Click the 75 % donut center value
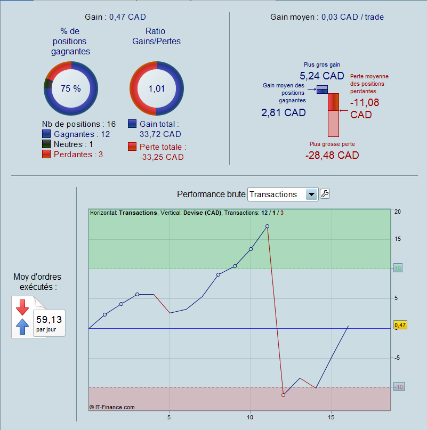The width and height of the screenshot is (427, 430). click(70, 88)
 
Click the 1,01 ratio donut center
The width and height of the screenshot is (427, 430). click(157, 88)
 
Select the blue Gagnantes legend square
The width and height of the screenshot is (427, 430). click(46, 134)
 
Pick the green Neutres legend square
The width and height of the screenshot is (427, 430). click(46, 144)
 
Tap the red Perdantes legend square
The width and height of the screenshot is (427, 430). click(46, 155)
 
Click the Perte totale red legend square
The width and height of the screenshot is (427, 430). click(132, 147)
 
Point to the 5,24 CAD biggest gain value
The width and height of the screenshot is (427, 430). click(321, 76)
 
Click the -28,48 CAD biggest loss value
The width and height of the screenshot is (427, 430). click(332, 155)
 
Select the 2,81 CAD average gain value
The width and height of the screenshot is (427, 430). click(283, 112)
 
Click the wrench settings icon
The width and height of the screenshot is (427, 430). click(325, 194)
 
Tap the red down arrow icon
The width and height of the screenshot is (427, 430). click(22, 307)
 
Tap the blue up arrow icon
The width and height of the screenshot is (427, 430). click(22, 327)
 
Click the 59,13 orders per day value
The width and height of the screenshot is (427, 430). click(49, 320)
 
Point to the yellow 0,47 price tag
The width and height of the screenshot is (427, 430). click(400, 324)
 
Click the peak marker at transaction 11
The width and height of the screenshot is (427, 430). click(267, 226)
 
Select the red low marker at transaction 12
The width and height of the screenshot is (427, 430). click(284, 395)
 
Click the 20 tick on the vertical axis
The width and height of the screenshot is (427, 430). click(397, 212)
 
